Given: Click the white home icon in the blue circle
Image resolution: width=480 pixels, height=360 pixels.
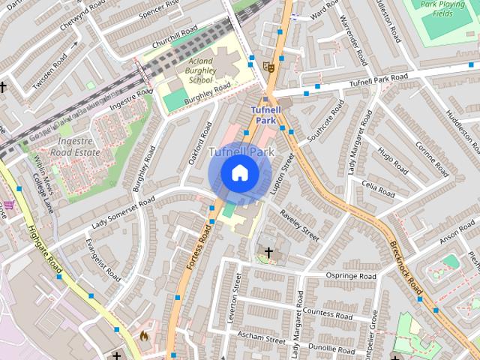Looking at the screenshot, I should (239, 173).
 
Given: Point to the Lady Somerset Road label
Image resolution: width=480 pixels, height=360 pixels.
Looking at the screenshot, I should (124, 212).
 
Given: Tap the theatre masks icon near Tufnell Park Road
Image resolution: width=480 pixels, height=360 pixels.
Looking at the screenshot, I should (269, 67).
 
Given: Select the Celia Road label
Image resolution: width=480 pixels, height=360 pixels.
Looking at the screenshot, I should (378, 187).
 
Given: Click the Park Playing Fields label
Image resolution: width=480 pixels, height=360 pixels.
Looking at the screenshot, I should (447, 8).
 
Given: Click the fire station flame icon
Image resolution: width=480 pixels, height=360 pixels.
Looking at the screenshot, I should (143, 336).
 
